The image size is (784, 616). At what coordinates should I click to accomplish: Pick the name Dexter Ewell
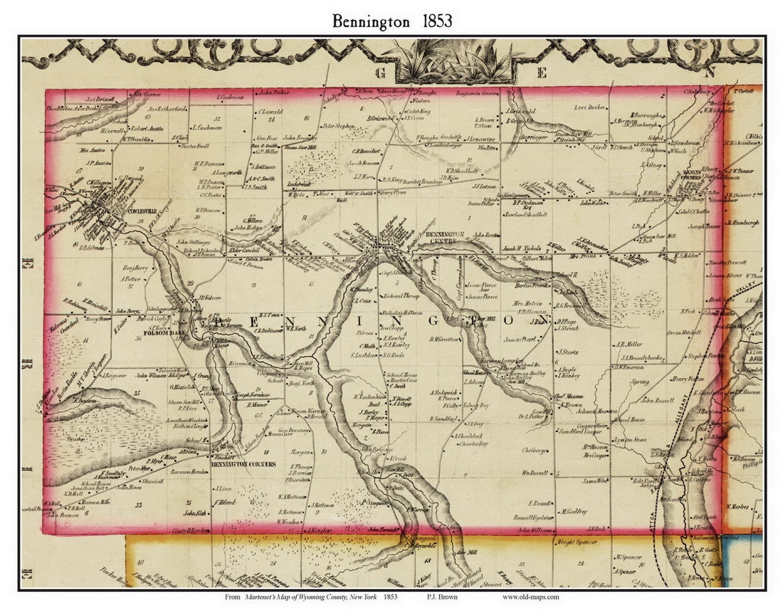(x=194, y=146)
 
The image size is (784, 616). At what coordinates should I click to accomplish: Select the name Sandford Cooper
(x=580, y=432)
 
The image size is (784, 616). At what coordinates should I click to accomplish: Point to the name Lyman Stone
(x=630, y=440)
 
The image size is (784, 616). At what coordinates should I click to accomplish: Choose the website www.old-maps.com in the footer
(x=530, y=597)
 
